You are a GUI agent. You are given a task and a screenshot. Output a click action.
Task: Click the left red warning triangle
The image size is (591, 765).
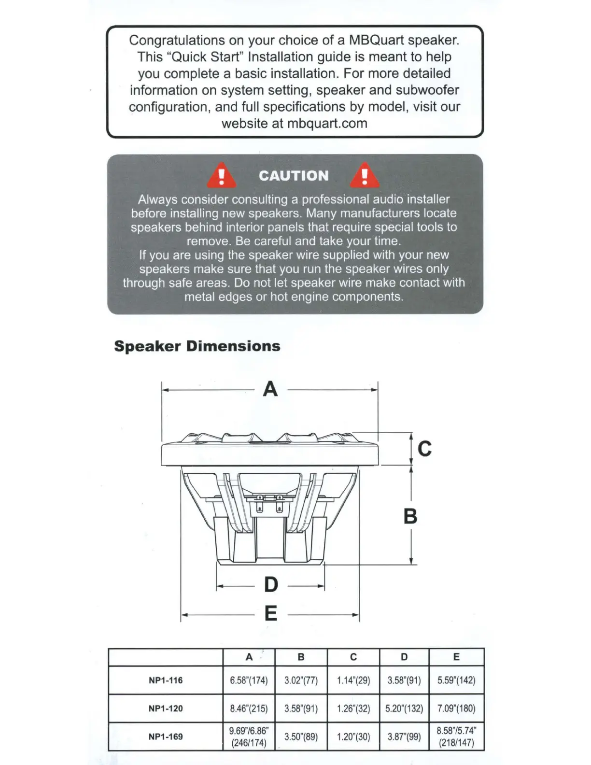(x=222, y=176)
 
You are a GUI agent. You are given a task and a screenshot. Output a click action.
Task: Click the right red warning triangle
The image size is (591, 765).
(x=365, y=176)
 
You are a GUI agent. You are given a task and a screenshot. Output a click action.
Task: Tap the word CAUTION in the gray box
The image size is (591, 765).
(x=294, y=176)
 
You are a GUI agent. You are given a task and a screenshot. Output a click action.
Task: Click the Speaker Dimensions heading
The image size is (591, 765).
(x=197, y=346)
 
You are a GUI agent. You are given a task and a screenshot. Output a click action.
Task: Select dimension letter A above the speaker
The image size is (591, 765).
(x=270, y=389)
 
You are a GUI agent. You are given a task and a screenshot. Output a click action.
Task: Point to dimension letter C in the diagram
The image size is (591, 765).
(x=424, y=449)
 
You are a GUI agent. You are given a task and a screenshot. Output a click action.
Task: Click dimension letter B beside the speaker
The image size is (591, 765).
(x=410, y=516)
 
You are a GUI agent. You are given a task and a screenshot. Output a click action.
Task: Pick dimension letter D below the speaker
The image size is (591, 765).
(x=271, y=585)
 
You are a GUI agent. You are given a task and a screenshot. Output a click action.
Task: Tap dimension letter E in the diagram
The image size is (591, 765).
(x=271, y=613)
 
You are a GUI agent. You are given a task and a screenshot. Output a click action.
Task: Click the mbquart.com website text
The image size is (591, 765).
(x=327, y=124)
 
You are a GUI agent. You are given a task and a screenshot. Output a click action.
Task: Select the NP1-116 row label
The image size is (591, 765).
(x=166, y=680)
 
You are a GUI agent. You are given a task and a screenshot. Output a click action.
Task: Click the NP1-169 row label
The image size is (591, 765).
(x=166, y=737)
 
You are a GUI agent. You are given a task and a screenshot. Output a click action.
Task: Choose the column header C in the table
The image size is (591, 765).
(x=353, y=657)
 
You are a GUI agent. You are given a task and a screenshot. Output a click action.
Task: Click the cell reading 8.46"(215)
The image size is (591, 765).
(x=249, y=708)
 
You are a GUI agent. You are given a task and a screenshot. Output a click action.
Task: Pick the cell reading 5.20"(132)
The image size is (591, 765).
(x=404, y=708)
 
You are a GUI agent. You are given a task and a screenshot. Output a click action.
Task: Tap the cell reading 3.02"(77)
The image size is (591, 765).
(x=301, y=680)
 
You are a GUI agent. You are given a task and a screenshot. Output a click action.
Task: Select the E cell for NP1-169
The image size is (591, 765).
(x=456, y=737)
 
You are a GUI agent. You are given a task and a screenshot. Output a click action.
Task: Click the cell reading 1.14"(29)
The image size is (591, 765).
(x=353, y=680)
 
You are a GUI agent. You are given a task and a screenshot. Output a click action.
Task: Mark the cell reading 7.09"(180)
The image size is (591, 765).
(x=456, y=708)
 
